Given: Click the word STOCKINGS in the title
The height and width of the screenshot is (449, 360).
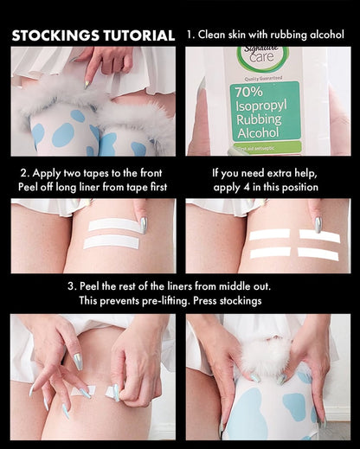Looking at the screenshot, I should coord(53,35).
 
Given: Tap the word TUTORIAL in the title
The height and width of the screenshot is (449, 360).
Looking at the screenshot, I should coord(136,35).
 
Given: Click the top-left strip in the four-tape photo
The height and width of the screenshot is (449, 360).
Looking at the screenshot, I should coord(269,234).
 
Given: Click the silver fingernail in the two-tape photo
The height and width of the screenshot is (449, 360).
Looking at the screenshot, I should coord(143,224).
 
